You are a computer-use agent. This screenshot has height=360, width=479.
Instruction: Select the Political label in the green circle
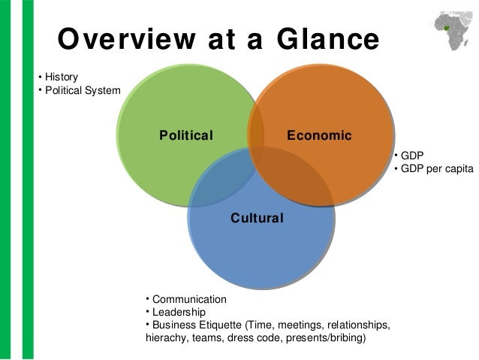(186, 136)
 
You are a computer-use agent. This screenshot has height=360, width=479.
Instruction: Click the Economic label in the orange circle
(319, 136)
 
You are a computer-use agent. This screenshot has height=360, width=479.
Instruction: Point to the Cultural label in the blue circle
(257, 219)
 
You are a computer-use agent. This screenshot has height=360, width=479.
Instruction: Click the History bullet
(60, 77)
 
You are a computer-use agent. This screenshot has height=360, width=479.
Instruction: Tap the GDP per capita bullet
(437, 168)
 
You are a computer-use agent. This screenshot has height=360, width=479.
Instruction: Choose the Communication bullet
(188, 298)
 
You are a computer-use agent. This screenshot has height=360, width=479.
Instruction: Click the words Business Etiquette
(194, 325)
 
